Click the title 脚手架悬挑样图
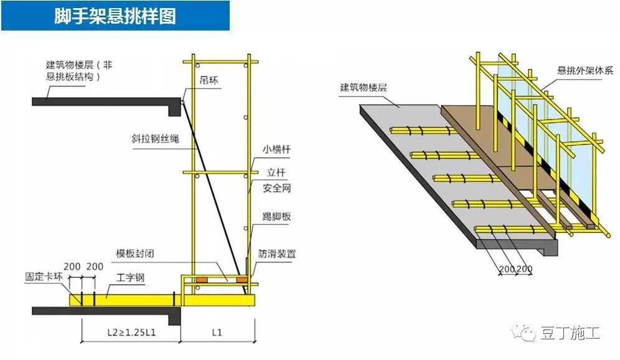click(115, 16)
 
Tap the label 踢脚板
click(277, 217)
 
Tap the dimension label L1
click(217, 332)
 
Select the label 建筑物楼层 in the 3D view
click(363, 87)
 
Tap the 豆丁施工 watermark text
click(570, 333)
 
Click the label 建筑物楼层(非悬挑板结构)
click(79, 70)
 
